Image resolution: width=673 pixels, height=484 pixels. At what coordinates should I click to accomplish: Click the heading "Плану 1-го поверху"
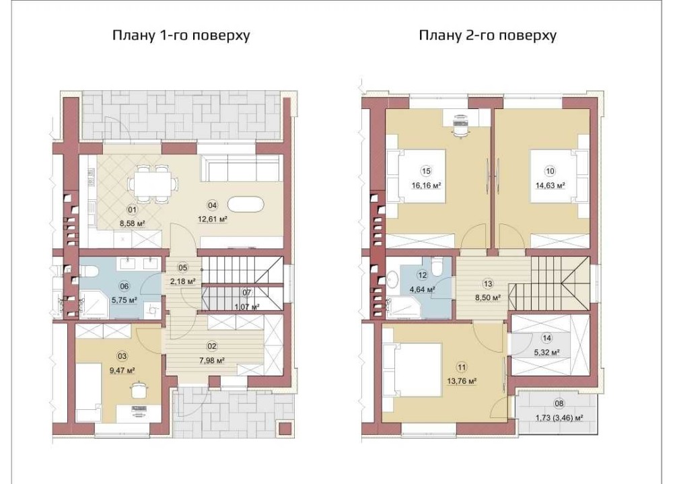point(181,35)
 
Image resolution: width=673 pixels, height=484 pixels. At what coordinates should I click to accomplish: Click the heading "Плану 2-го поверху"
point(487,35)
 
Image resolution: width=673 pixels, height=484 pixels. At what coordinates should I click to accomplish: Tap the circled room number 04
point(212,205)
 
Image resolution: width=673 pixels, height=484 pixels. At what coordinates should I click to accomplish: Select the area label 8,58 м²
point(132,223)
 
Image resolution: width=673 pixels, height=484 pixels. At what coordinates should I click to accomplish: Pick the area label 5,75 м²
point(124,300)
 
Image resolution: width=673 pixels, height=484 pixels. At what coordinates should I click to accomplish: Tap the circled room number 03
point(122,355)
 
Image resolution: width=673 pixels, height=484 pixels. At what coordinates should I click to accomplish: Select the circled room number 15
point(426,172)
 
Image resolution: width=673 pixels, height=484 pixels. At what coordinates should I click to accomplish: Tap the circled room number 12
point(423,275)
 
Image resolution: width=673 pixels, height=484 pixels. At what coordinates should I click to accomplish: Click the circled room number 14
point(546,338)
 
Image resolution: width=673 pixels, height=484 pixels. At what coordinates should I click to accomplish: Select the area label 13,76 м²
point(462,381)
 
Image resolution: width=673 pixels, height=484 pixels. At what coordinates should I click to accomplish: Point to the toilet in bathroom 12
point(437,267)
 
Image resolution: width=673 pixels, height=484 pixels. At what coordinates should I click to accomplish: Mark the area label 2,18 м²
point(183,281)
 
